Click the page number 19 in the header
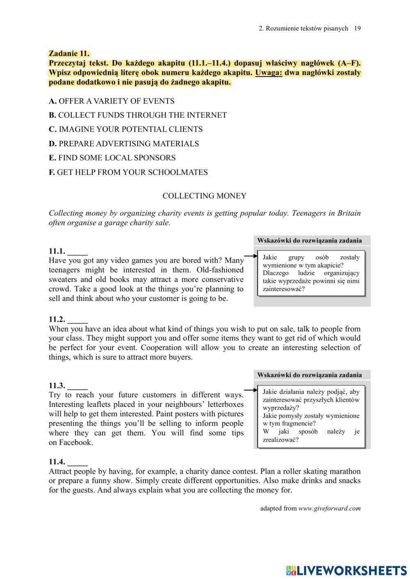tap(357, 28)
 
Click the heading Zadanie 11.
tap(69, 53)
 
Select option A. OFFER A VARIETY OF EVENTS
tap(112, 101)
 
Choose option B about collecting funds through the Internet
tap(138, 115)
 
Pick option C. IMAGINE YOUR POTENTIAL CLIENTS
tap(125, 129)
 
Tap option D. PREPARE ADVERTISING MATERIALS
tap(124, 144)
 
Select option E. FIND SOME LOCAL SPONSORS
tap(112, 158)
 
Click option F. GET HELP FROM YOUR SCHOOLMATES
tap(128, 173)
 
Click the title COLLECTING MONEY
tap(204, 196)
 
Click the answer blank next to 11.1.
tap(77, 252)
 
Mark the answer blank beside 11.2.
tap(77, 320)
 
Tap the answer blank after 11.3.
tap(77, 386)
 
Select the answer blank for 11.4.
tap(77, 462)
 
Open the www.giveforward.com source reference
tap(329, 509)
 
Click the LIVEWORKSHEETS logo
tap(346, 570)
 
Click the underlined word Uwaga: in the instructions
tap(269, 73)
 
